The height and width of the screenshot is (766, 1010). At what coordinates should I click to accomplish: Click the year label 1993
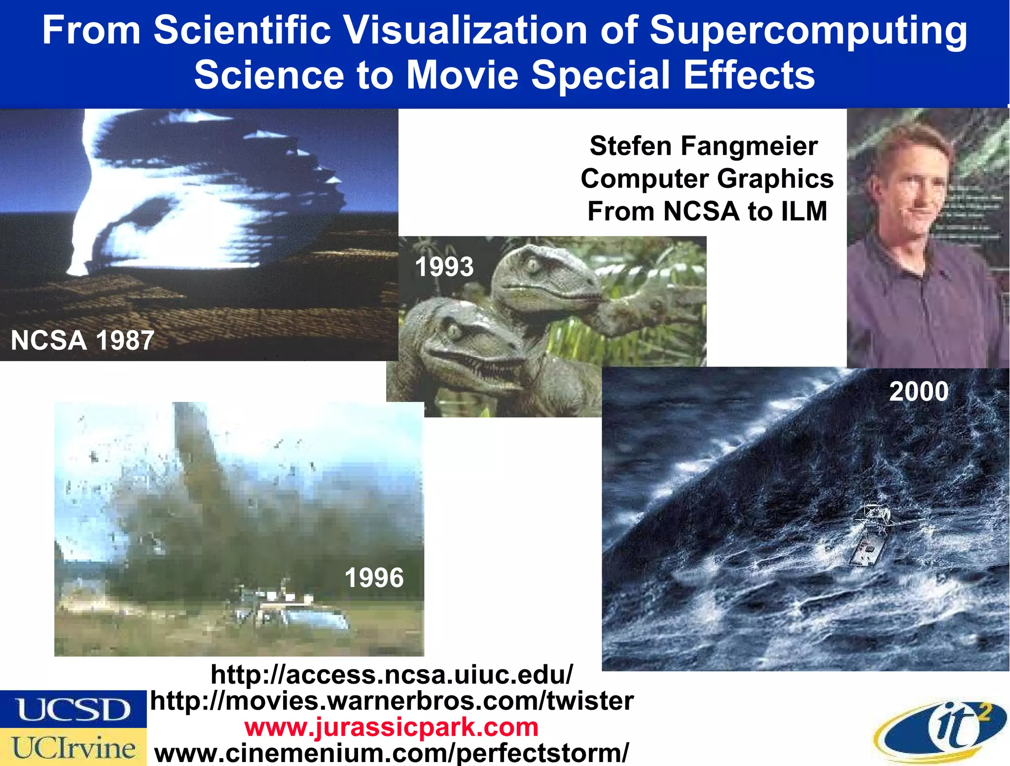(444, 267)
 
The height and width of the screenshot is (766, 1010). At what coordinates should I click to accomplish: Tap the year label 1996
(374, 578)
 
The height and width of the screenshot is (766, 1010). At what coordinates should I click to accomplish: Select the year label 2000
(919, 392)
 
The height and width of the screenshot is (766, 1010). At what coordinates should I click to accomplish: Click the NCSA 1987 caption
(83, 340)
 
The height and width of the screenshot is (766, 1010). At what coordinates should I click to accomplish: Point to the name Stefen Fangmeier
(704, 146)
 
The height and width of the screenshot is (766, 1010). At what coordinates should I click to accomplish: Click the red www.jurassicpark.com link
(392, 727)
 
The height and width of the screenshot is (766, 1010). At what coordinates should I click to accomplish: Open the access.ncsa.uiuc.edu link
(392, 674)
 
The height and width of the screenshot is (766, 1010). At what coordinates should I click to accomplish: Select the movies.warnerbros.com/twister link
(392, 701)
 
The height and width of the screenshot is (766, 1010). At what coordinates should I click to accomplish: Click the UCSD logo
(73, 709)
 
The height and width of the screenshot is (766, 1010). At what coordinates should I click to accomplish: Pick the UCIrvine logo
(73, 747)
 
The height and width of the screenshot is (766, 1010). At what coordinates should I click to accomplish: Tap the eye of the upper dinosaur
(533, 265)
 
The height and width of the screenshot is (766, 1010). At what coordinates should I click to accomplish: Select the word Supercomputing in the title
(808, 31)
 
